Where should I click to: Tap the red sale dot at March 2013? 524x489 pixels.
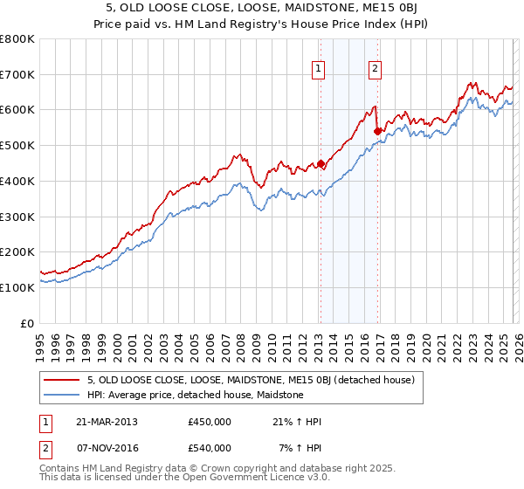(321, 163)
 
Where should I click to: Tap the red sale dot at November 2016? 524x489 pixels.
(377, 131)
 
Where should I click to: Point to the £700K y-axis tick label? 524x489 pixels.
(17, 74)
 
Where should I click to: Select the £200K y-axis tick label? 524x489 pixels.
(17, 251)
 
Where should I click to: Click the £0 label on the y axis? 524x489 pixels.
(26, 322)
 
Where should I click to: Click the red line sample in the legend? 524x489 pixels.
(62, 380)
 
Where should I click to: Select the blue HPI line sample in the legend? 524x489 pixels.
(62, 395)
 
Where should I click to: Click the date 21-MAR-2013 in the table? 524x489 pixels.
(107, 422)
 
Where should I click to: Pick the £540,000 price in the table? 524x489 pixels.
(210, 448)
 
